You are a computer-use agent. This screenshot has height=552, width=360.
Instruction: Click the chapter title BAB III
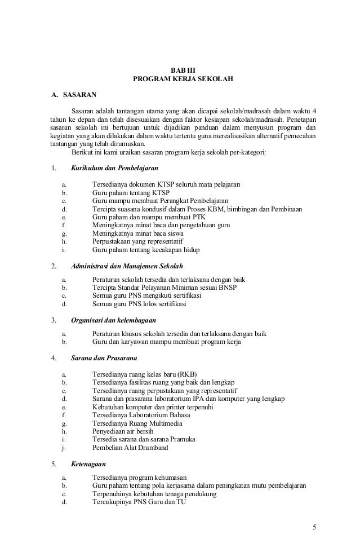181,70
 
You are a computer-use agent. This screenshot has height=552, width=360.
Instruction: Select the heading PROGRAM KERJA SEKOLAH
181,79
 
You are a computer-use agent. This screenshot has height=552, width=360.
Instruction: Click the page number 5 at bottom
314,527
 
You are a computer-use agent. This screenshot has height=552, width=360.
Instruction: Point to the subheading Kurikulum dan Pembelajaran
114,168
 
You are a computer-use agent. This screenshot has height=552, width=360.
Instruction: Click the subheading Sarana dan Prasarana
106,357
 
